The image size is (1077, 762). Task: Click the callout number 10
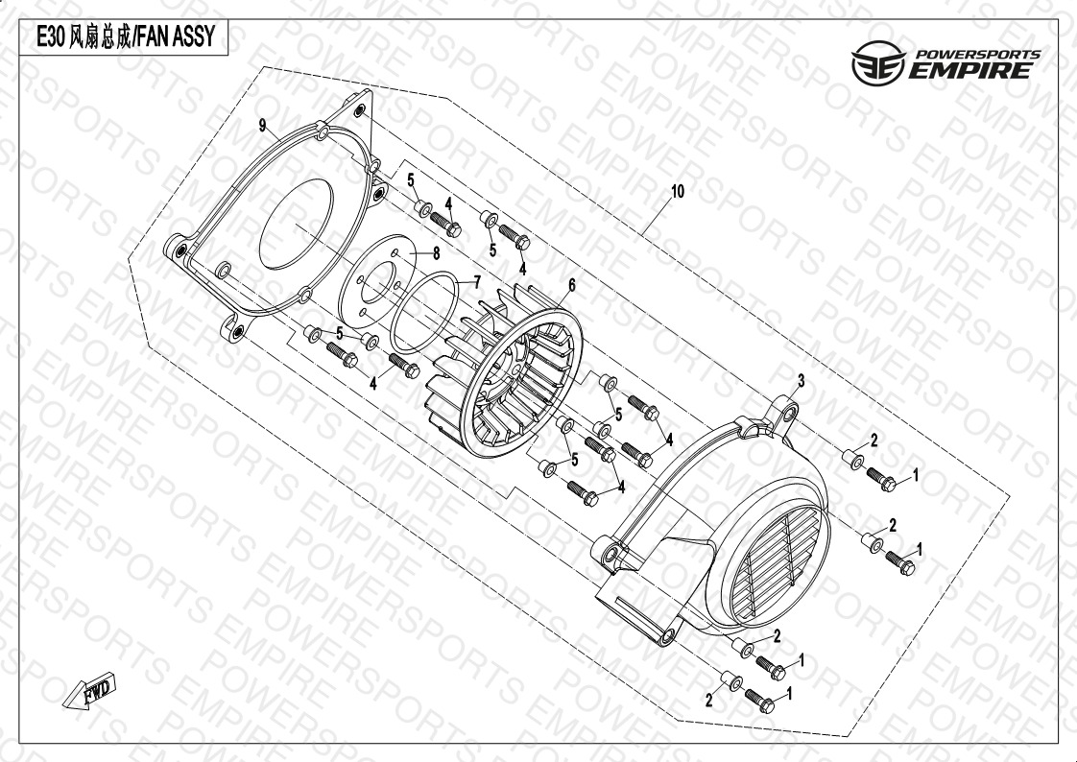point(678,192)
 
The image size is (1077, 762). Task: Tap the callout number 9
point(262,125)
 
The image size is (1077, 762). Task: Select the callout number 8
point(436,253)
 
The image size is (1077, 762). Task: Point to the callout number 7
point(477,282)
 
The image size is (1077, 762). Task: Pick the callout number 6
point(571,285)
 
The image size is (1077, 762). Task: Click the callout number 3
point(801,381)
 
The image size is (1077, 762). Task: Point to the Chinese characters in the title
point(100,37)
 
